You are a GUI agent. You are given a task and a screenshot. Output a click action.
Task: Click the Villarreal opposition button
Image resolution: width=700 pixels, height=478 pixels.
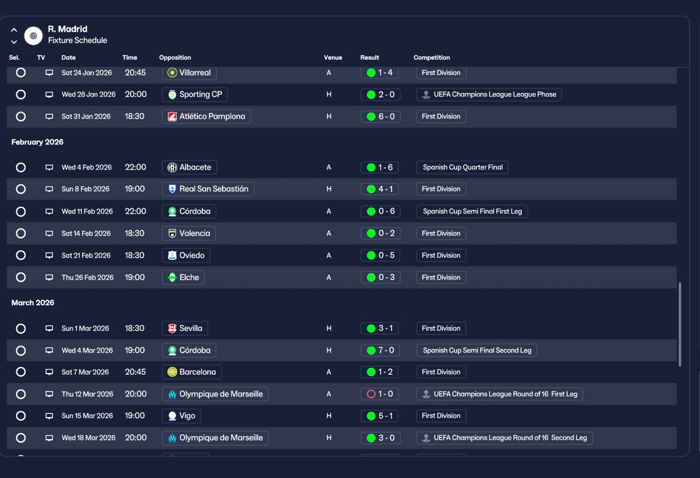click(x=189, y=73)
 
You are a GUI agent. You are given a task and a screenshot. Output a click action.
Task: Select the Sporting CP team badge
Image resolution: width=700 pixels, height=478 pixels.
click(x=172, y=95)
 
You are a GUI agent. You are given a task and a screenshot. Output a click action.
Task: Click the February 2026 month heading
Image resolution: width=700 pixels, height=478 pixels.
click(x=38, y=142)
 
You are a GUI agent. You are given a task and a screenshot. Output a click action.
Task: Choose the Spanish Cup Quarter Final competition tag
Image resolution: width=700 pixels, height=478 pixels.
click(x=462, y=167)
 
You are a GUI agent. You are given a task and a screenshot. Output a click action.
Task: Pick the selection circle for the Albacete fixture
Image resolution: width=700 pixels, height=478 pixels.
click(x=21, y=167)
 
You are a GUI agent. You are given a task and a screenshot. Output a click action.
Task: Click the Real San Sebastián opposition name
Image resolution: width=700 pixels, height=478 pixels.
click(x=214, y=189)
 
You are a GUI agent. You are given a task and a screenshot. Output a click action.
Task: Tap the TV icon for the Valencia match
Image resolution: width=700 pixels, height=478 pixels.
click(x=49, y=234)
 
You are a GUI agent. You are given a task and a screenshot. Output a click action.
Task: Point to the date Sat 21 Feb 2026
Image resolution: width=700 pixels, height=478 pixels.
click(x=86, y=255)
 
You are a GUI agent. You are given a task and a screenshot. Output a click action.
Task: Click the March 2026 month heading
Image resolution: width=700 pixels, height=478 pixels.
click(x=33, y=303)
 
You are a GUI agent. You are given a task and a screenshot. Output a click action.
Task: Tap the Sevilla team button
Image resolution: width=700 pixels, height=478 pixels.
click(x=185, y=328)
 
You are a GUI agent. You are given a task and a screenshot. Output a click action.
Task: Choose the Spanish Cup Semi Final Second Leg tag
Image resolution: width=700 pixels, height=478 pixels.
click(x=476, y=351)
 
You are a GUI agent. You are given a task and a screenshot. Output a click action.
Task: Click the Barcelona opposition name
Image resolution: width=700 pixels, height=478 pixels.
click(x=197, y=372)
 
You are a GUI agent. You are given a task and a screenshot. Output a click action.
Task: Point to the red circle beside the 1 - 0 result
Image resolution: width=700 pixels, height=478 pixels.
click(x=371, y=394)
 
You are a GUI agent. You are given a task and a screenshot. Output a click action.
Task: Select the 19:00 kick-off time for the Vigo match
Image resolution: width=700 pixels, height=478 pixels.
click(x=135, y=416)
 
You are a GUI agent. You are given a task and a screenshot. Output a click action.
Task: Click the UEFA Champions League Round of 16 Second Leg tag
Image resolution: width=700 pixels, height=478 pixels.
click(x=504, y=438)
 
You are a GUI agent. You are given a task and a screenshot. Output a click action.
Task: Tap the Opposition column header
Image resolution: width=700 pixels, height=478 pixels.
click(x=175, y=57)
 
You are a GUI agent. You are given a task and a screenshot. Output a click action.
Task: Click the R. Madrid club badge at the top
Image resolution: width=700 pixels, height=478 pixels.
click(x=33, y=36)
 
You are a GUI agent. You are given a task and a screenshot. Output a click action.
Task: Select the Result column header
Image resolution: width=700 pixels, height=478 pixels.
click(x=369, y=57)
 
